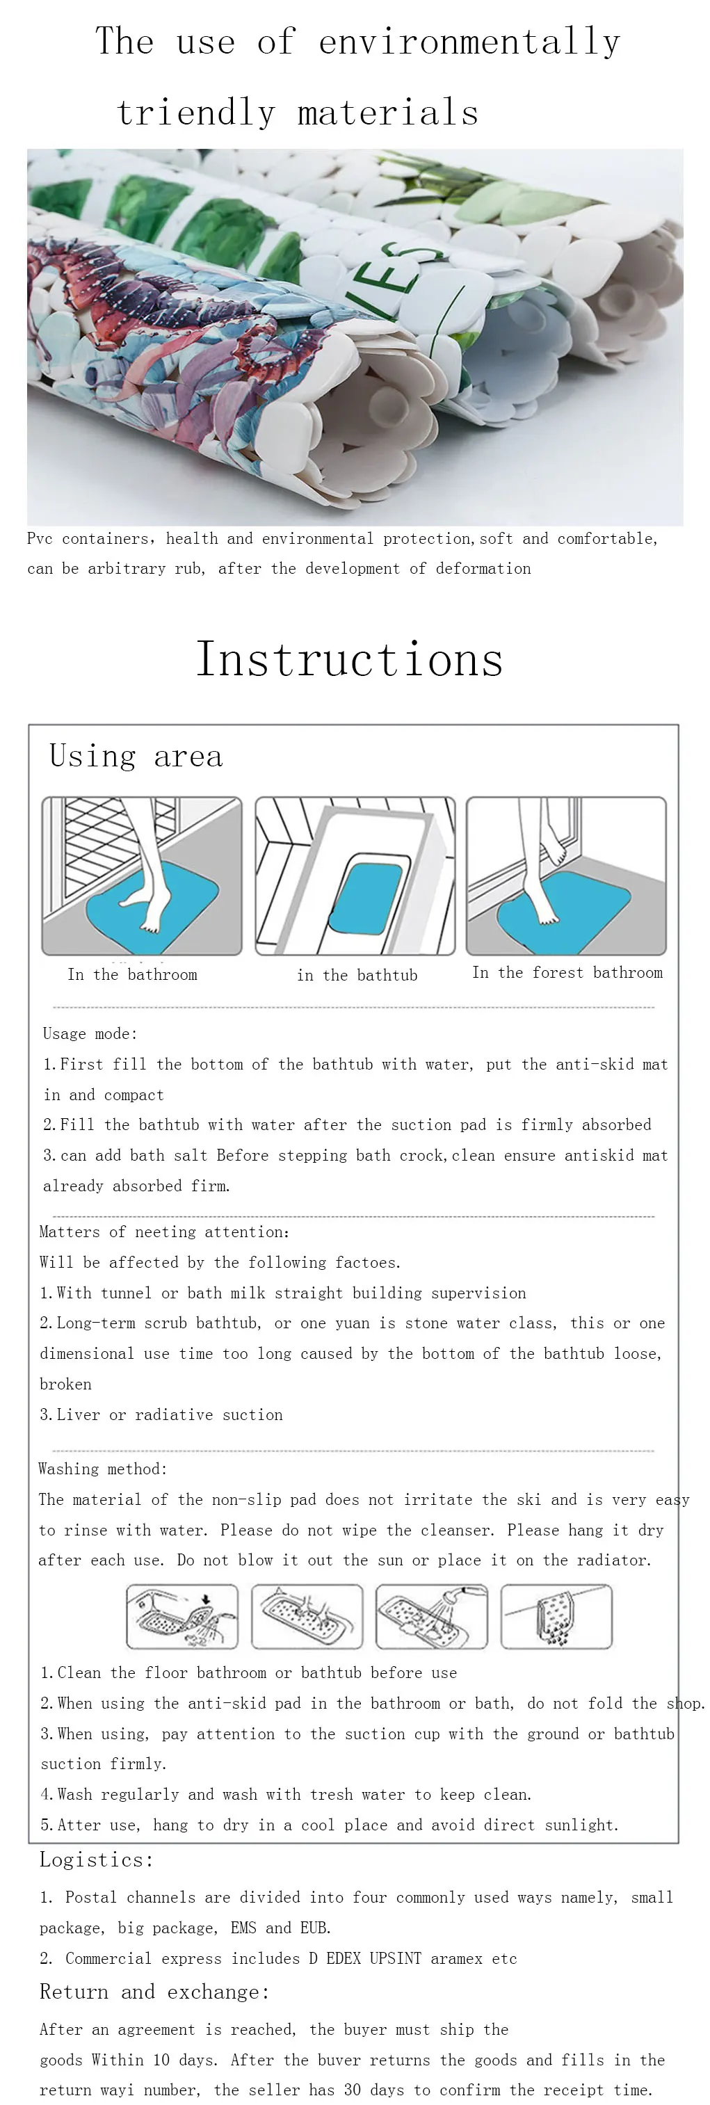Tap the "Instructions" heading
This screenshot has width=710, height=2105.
click(350, 659)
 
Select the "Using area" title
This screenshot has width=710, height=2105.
click(136, 756)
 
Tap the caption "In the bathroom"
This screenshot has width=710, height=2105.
click(132, 974)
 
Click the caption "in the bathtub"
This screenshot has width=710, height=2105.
click(357, 975)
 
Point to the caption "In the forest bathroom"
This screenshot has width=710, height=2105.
click(567, 972)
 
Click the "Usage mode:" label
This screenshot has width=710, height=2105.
click(90, 1033)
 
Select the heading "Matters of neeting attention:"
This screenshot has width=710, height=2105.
click(164, 1232)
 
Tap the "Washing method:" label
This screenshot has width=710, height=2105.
click(102, 1469)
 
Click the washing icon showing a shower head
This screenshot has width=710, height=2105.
click(431, 1615)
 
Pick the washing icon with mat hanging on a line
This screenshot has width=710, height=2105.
click(556, 1615)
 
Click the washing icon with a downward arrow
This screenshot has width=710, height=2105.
click(182, 1615)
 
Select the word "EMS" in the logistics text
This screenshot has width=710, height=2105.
click(243, 1927)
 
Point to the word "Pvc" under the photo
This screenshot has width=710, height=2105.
click(40, 538)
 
